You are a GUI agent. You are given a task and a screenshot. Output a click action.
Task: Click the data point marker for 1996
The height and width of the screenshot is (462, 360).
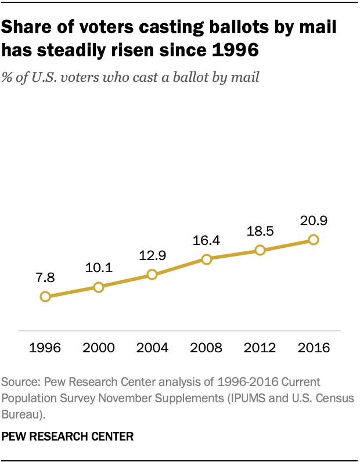[45, 297]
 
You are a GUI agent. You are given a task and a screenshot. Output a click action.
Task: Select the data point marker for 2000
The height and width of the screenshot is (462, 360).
[99, 287]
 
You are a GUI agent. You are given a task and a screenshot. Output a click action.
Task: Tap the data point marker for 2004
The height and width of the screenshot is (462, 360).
[152, 275]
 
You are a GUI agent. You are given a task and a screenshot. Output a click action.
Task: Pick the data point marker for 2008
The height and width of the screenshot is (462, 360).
[206, 259]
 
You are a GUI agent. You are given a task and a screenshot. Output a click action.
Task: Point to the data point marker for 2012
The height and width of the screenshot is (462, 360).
[260, 250]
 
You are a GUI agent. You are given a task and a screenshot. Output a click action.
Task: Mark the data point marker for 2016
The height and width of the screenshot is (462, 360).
[314, 239]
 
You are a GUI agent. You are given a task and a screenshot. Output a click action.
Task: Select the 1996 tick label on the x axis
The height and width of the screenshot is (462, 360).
[45, 348]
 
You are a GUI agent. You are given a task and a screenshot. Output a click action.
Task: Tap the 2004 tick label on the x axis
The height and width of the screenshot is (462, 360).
[152, 348]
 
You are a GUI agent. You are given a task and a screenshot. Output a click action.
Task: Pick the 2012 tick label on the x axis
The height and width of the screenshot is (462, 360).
[260, 348]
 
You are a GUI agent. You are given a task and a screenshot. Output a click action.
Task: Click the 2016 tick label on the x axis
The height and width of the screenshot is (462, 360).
[314, 348]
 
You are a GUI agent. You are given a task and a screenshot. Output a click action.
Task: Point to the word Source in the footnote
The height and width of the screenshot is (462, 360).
[19, 383]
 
